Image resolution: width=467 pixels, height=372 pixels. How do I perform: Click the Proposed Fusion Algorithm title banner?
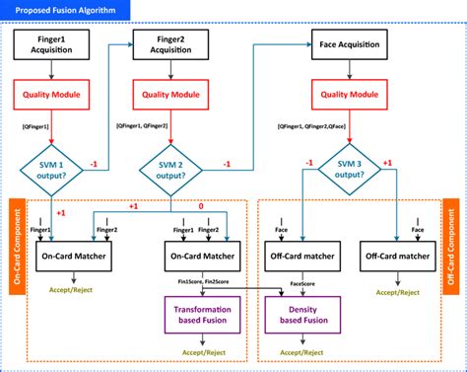coord(65,12)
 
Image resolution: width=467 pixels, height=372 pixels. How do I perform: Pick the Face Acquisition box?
coord(347,44)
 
